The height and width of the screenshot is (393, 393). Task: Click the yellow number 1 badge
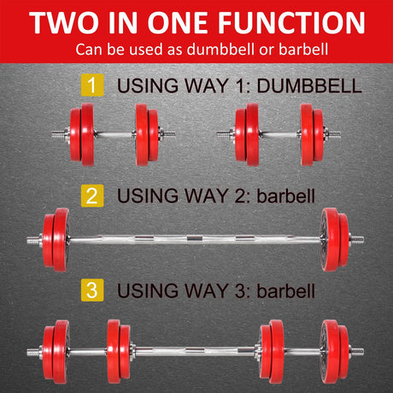(90, 85)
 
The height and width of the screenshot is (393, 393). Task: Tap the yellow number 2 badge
(90, 196)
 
